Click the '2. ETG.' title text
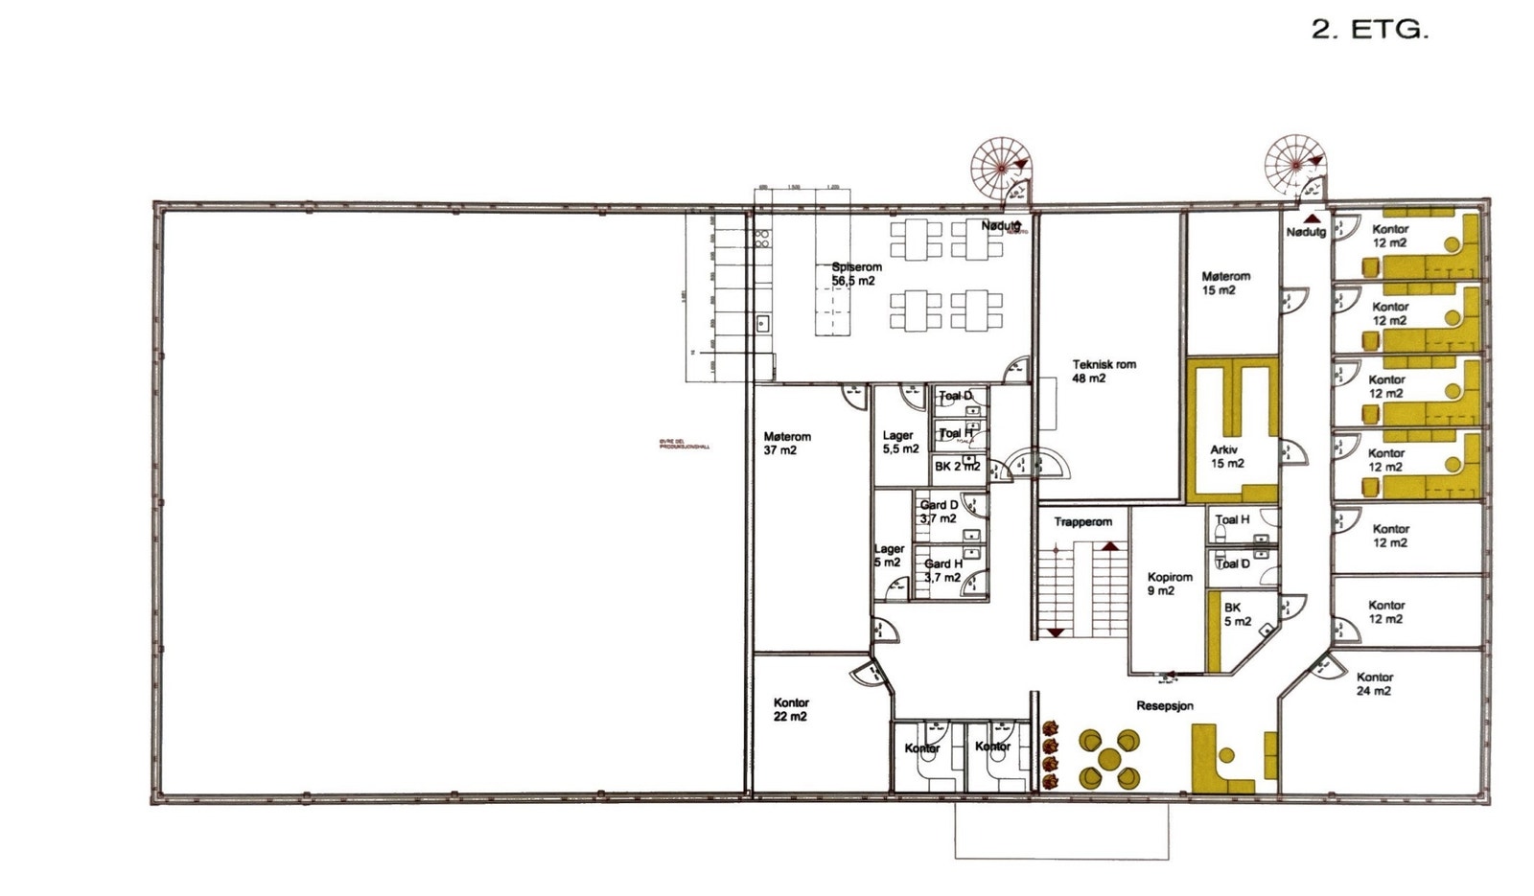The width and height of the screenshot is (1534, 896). [x=1369, y=30]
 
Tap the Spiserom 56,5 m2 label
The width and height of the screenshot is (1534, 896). [x=855, y=274]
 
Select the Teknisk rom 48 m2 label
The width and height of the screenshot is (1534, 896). [x=1104, y=371]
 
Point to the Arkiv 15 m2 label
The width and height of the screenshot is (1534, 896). [x=1226, y=456]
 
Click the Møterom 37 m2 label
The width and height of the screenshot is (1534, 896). [x=787, y=443]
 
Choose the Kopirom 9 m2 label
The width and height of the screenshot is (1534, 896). [x=1169, y=584]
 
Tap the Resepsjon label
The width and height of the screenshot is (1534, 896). [x=1165, y=706]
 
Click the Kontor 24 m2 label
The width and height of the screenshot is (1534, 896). [x=1374, y=683]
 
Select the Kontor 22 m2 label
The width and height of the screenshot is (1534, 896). [x=791, y=709]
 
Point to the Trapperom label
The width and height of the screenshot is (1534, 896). [x=1082, y=522]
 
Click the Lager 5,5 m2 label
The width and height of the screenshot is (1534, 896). [x=899, y=442]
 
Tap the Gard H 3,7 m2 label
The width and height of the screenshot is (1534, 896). [x=942, y=570]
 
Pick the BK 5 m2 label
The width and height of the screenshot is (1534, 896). [x=1236, y=614]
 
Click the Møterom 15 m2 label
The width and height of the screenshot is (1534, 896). [x=1225, y=283]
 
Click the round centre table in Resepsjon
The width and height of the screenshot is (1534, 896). [x=1109, y=758]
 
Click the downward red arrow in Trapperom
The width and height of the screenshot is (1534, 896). [x=1056, y=632]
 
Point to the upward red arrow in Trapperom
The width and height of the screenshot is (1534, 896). [x=1109, y=545]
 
